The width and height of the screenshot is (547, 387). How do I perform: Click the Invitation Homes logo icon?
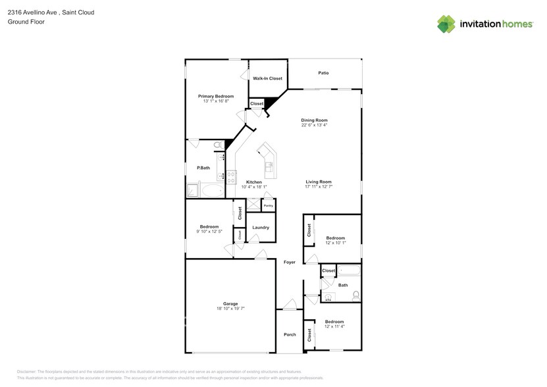coord(446,24)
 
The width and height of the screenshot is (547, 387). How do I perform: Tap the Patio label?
coord(323,73)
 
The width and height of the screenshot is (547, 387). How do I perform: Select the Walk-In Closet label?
coord(267,78)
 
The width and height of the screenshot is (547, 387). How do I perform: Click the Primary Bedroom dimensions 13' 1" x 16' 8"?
coord(216,101)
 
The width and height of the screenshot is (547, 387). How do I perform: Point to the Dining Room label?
coord(314,120)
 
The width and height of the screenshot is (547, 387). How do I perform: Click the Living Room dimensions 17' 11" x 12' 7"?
coord(318,187)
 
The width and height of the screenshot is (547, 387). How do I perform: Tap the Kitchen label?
coord(253,182)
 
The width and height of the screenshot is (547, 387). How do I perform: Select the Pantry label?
coord(268,206)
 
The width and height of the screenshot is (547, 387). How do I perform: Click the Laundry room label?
coord(261,228)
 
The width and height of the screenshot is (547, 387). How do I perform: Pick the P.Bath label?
coord(203,168)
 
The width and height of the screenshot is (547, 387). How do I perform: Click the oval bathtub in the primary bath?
coord(212,191)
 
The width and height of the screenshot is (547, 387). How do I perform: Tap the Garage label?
coord(230,303)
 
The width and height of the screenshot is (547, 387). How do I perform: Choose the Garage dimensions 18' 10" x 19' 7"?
coord(230,309)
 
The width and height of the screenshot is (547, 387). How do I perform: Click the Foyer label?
coord(289,262)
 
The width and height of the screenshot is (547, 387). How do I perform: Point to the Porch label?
coord(290,334)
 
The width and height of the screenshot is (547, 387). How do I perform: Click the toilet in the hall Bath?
coord(356,295)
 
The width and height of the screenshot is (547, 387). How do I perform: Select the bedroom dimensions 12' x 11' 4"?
coord(334,326)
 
